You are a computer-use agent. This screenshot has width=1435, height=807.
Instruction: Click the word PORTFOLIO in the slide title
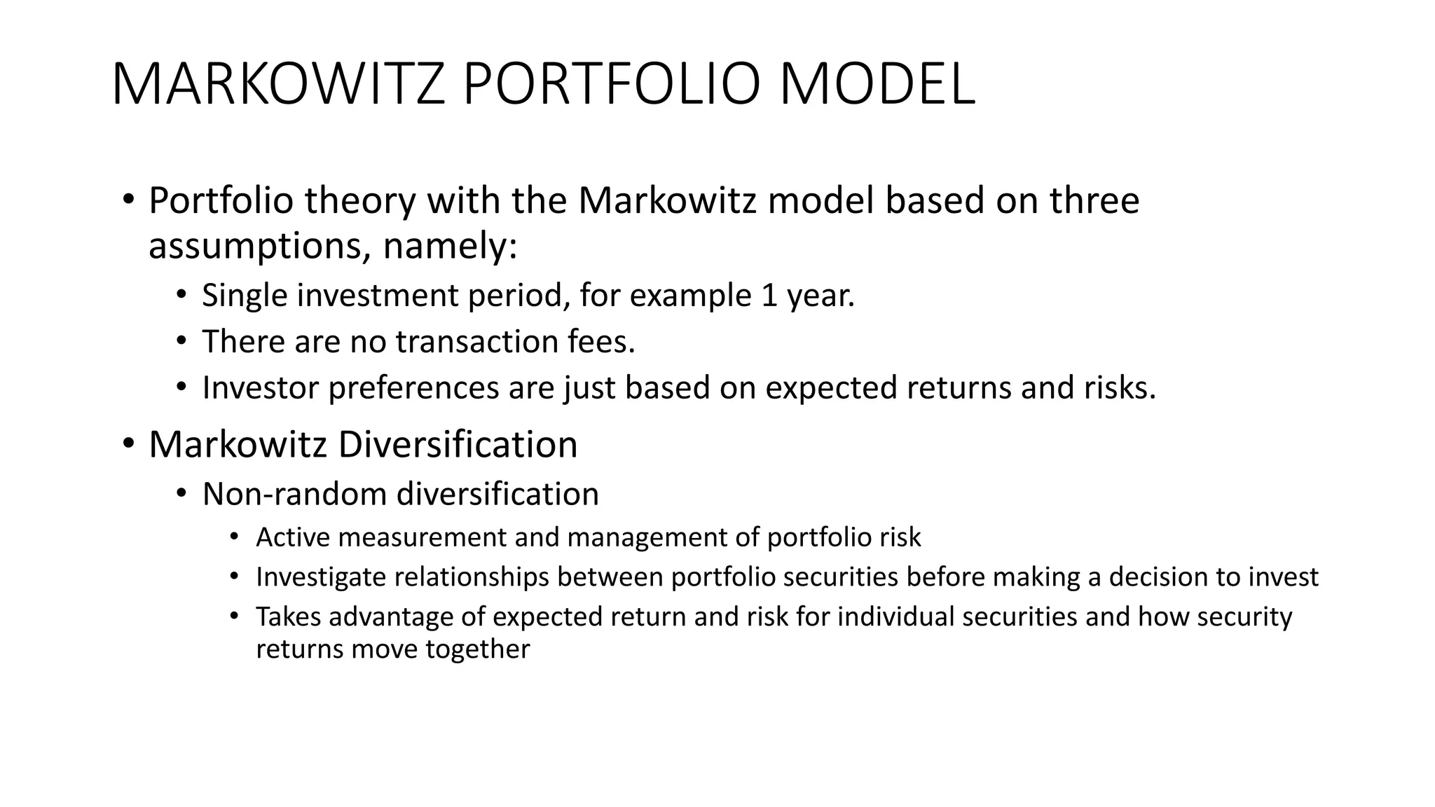tap(611, 85)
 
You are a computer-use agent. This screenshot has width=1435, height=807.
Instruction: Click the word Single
tap(245, 296)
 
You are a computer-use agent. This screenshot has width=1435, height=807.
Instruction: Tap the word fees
tap(601, 342)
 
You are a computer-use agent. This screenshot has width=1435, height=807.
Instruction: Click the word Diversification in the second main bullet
tap(458, 444)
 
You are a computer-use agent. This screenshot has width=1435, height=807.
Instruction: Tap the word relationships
tap(472, 577)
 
